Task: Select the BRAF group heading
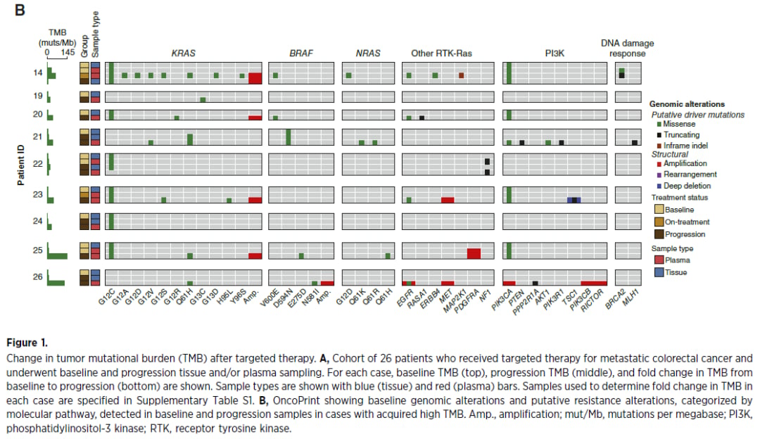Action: pos(301,53)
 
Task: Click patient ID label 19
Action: pos(38,96)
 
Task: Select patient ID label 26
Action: pos(38,276)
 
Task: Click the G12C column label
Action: pos(105,298)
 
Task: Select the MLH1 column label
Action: pos(631,296)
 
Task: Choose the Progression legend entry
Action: pos(685,234)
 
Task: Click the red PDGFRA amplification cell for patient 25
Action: pos(474,253)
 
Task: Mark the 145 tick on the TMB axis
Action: pos(68,52)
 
